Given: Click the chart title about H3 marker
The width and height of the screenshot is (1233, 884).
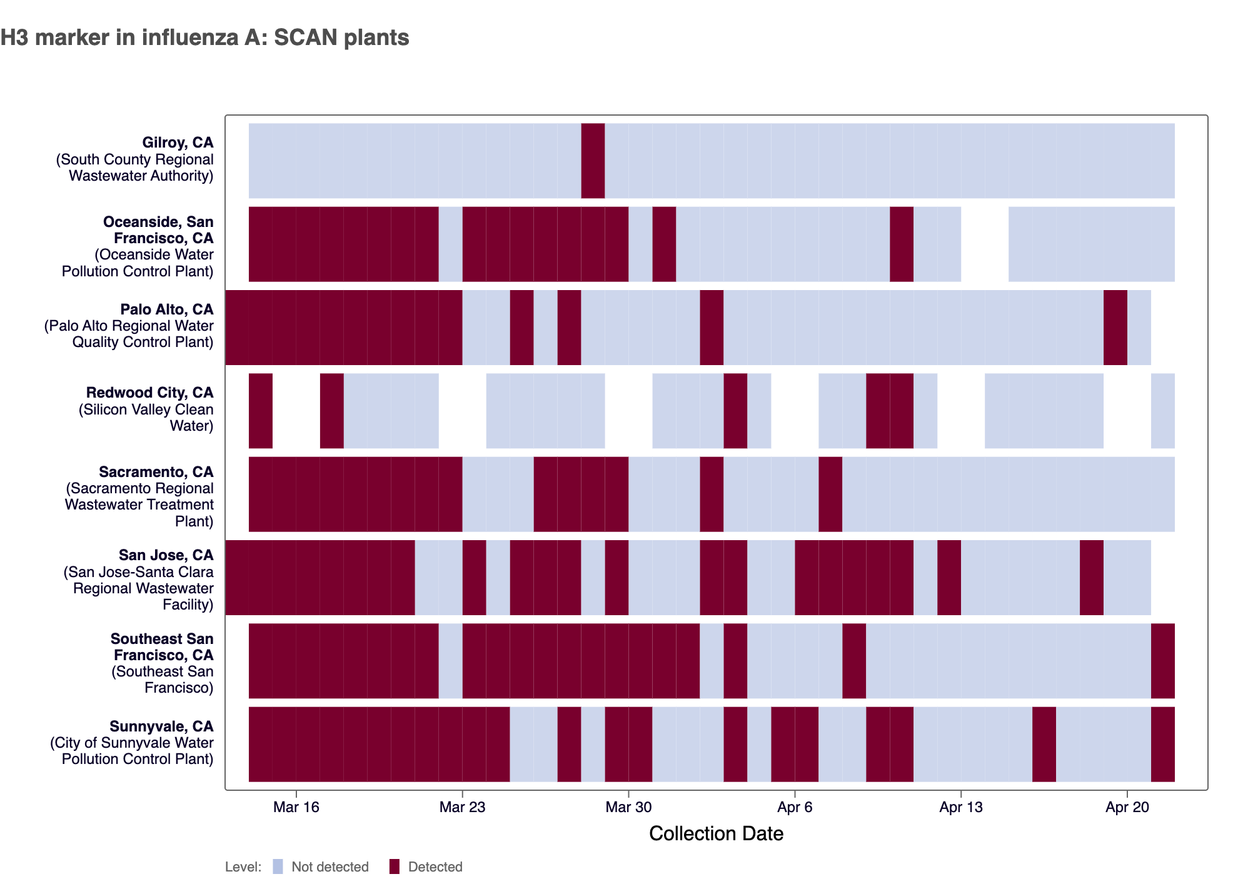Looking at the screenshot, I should (204, 38).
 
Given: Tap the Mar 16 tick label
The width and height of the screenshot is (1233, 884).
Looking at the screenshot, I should (296, 807).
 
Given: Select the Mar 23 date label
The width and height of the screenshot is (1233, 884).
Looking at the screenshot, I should (462, 807).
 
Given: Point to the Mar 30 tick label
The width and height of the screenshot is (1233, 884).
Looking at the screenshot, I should (628, 807).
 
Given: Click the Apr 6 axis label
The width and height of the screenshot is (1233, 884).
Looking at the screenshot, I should (795, 807).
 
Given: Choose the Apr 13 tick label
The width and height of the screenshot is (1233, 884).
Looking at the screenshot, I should (960, 807).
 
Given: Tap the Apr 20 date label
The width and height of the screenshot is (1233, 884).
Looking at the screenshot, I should (1127, 807).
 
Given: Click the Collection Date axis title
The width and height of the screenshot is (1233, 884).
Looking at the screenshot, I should (716, 833).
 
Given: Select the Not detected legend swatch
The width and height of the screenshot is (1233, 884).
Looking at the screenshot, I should (278, 866).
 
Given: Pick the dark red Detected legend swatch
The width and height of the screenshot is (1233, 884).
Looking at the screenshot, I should (394, 866).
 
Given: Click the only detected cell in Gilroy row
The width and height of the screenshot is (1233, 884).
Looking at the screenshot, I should (593, 161).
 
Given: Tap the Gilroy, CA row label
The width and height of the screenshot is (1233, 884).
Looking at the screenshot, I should (178, 143).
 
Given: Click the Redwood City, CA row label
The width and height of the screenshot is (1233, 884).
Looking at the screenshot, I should (149, 393).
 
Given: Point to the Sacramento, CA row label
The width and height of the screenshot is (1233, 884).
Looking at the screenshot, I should (156, 472).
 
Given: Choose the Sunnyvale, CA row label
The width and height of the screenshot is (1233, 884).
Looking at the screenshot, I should (161, 726).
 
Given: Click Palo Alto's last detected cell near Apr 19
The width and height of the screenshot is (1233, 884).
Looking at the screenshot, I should (1115, 328).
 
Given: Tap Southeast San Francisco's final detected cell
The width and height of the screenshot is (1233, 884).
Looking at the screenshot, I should (1162, 661).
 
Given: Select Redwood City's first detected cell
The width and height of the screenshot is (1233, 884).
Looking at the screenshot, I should (261, 411).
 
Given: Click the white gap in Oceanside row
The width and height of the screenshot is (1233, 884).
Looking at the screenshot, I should (984, 244).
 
